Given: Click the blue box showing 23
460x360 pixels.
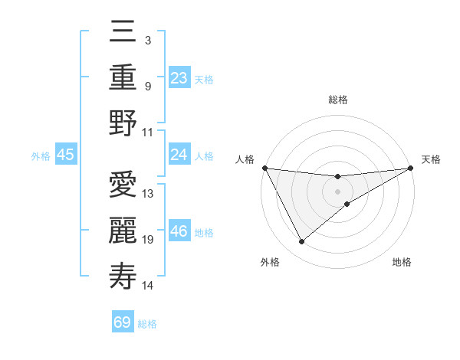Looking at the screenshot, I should [179, 77].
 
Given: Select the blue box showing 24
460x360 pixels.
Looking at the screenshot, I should [179, 155].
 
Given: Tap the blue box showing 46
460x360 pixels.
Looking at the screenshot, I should [179, 231].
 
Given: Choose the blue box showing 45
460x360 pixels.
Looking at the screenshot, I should [66, 155].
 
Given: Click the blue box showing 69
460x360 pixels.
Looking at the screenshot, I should [123, 322].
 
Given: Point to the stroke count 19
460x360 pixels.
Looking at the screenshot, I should [148, 240].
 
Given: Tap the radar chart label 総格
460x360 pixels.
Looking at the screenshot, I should [338, 100].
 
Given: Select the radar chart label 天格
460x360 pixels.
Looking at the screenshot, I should [432, 159].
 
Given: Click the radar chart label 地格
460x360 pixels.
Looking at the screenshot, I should [402, 263].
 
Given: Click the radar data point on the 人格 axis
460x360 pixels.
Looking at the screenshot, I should [265, 168].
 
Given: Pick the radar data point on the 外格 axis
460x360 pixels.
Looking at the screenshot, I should [301, 242].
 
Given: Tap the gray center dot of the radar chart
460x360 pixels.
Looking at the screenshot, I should [338, 191].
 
